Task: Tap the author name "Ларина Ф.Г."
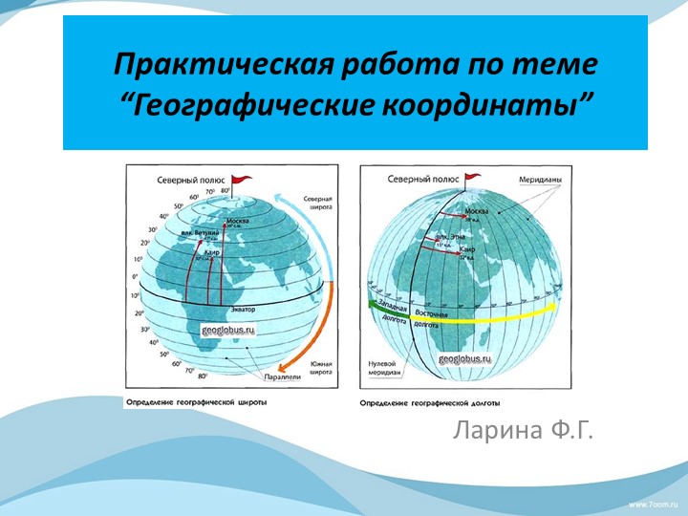[523, 431]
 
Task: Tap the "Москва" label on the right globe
[475, 210]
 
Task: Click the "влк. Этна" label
[450, 235]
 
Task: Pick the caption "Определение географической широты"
[196, 402]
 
